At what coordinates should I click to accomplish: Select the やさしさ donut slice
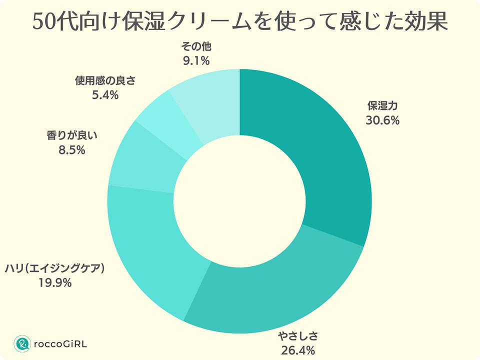pos(270,290)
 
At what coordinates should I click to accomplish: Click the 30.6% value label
pos(382,120)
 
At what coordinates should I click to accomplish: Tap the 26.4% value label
pos(298,350)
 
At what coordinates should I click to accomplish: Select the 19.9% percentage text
pos(55,283)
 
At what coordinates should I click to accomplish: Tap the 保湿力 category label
pos(382,106)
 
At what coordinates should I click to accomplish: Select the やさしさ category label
pos(298,336)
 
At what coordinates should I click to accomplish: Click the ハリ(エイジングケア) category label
pos(55,269)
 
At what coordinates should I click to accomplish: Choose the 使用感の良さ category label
pos(105,80)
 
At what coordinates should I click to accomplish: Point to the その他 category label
pos(196,47)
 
